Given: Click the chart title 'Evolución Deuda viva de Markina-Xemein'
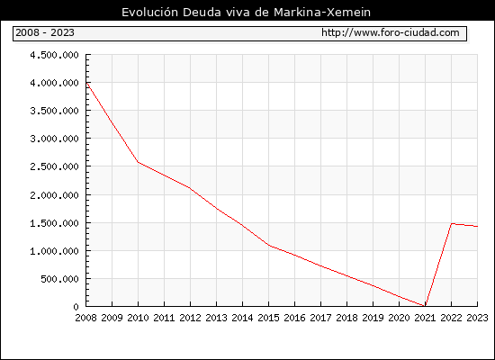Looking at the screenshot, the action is (246, 13).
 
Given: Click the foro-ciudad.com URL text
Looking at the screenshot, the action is (391, 32).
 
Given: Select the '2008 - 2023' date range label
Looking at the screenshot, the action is (45, 32).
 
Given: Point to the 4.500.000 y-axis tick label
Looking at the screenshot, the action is (54, 55).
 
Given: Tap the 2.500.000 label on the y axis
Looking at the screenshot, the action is (54, 166).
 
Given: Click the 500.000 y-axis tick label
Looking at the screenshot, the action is (59, 279).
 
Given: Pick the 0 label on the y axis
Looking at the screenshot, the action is (76, 307).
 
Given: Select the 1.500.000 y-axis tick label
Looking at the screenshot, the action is (54, 223).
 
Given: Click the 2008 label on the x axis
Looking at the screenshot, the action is (85, 318).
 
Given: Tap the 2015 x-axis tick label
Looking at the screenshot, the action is (269, 318).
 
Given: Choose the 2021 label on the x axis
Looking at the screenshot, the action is (425, 318).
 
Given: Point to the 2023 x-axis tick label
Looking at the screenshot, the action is (477, 318).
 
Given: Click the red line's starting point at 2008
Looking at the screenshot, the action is (86, 83).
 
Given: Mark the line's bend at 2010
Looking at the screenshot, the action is (139, 162).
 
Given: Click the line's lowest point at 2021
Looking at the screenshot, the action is (425, 306).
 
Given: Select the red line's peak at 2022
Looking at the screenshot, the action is (452, 223).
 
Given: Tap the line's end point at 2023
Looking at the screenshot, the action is (477, 226).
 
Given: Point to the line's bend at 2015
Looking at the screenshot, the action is (269, 245).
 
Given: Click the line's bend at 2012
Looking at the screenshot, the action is (191, 188).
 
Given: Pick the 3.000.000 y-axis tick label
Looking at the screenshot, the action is (54, 139).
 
